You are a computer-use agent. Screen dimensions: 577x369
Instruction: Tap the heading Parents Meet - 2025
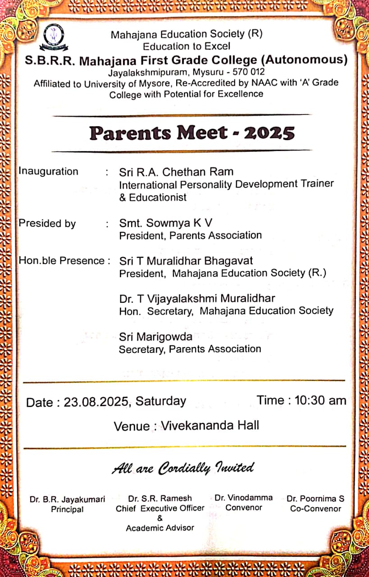192,133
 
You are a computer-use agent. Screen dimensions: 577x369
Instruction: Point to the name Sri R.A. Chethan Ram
176,172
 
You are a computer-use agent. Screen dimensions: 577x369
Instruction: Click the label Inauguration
48,171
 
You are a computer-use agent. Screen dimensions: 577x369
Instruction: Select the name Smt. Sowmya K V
165,223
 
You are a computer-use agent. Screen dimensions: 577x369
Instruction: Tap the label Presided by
47,224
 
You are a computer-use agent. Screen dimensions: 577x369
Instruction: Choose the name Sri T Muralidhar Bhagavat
186,261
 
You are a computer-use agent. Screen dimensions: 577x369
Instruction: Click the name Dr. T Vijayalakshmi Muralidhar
197,298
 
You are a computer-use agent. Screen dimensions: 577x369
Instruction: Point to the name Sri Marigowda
155,337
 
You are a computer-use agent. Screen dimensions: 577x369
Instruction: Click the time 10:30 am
320,400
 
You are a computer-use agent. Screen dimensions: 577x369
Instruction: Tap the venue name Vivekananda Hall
210,425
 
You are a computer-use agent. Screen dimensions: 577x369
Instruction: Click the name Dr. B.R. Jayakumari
68,499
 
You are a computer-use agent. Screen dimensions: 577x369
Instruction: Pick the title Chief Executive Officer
160,508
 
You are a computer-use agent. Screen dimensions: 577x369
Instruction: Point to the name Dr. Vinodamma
244,498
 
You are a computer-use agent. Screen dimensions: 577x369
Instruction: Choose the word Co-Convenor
315,508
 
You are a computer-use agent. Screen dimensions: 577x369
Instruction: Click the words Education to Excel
187,46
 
